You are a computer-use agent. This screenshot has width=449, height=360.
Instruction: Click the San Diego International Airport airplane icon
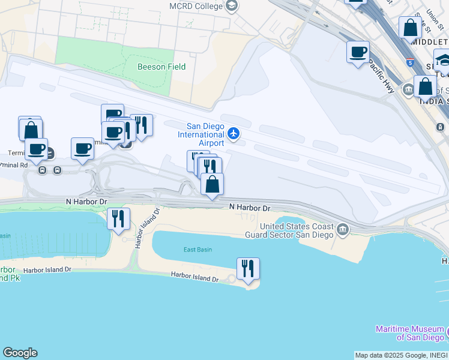point(234,134)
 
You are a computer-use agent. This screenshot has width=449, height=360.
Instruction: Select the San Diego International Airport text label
point(205,134)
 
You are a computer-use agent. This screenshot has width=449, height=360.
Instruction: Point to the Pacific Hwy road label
point(380,75)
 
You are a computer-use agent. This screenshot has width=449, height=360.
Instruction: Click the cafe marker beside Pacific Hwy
point(358,52)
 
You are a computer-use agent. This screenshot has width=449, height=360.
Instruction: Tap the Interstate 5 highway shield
point(409,61)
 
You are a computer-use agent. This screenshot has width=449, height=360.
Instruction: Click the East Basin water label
point(197,250)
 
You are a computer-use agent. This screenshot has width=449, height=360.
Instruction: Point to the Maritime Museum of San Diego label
point(410,333)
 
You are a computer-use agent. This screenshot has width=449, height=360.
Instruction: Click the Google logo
point(20,353)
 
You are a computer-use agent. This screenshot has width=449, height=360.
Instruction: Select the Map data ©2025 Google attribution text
point(401,355)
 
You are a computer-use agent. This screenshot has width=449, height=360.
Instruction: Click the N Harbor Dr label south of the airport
point(249,208)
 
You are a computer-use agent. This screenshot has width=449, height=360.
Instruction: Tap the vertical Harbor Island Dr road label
point(147,229)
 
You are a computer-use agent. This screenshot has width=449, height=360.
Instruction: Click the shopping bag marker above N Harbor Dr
point(212,184)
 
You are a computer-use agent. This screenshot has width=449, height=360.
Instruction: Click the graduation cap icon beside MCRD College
point(232,6)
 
